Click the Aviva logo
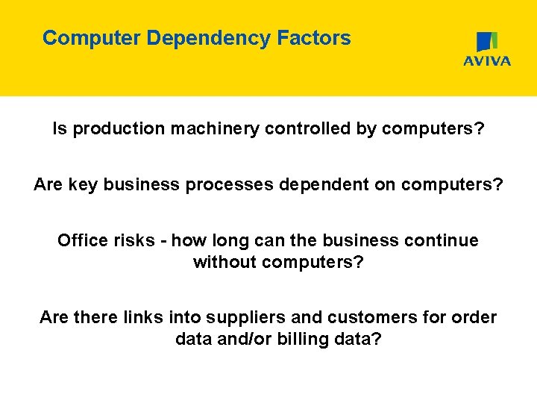pyautogui.click(x=487, y=49)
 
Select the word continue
pyautogui.click(x=444, y=240)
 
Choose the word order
pyautogui.click(x=475, y=317)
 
